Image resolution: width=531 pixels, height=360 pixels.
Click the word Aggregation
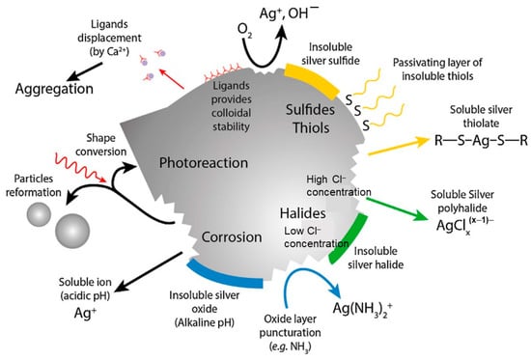54,89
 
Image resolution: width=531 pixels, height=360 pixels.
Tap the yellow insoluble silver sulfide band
313,78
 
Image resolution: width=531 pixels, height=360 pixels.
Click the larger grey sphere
72,231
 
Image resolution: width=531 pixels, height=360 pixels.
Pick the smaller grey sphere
39,214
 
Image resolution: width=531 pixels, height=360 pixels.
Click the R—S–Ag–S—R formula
481,140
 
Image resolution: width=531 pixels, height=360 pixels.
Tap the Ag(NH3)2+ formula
363,309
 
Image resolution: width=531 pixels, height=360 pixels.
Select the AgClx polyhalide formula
464,225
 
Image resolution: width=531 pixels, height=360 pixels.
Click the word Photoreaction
204,163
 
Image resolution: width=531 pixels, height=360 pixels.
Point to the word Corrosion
232,237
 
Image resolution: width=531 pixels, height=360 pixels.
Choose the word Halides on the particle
303,213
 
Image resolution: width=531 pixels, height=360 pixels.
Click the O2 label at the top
244,31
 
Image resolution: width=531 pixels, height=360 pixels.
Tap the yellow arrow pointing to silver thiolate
399,146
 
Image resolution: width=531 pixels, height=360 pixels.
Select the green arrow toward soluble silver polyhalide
397,209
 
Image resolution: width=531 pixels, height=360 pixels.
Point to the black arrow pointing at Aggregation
85,71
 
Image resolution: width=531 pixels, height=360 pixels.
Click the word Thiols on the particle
311,128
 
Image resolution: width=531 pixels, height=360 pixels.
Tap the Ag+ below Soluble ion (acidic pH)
85,314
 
